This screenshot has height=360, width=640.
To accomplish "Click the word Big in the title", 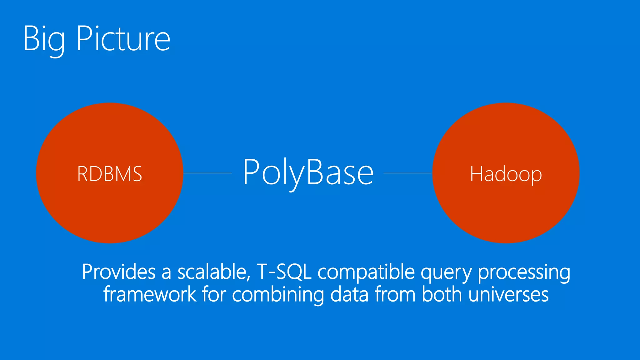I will click(x=44, y=39).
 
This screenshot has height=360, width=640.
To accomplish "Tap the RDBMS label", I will click(x=110, y=174).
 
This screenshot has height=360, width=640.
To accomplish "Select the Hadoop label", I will click(x=506, y=174).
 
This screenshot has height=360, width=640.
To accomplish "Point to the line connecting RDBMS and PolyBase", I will click(x=207, y=173).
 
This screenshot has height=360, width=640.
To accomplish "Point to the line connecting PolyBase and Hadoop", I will click(x=408, y=173).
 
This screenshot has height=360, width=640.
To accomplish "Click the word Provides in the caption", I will click(x=119, y=272).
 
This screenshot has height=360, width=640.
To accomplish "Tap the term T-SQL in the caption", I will click(x=284, y=272).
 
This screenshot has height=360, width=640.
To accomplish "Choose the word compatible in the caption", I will click(x=366, y=272).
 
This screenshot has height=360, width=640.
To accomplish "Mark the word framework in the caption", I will click(x=150, y=294).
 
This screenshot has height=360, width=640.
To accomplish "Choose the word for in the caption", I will click(x=214, y=294).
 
